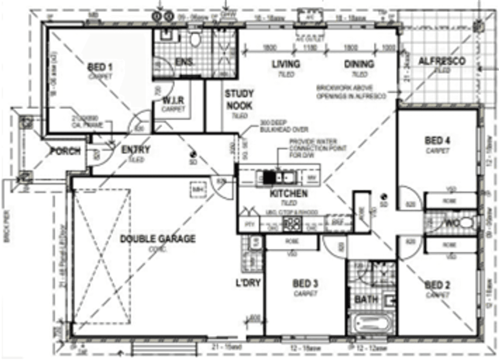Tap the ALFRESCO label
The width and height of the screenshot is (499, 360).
click(442, 62)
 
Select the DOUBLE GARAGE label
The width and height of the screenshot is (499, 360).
click(157, 239)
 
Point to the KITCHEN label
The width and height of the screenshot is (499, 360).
click(288, 193)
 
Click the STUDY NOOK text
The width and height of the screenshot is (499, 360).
click(239, 100)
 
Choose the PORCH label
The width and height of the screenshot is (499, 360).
click(65, 151)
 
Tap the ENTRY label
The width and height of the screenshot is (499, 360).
click(136, 150)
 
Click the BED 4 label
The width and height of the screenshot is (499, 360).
click(438, 141)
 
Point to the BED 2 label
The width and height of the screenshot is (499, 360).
click(438, 285)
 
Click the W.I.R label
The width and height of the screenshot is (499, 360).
click(174, 101)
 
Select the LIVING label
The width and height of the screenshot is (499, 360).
click(286, 64)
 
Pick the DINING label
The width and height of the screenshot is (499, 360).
click(359, 64)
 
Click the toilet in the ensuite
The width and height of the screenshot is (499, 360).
click(195, 38)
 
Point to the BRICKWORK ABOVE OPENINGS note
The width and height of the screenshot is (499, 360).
click(351, 92)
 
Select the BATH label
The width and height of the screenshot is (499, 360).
click(366, 299)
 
